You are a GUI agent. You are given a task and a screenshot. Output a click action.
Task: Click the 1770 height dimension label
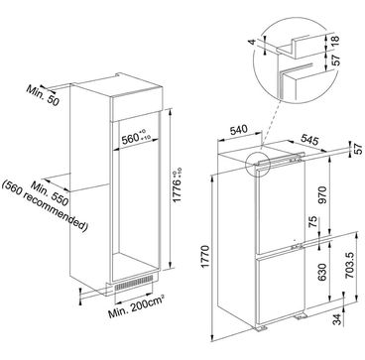tap(205, 257)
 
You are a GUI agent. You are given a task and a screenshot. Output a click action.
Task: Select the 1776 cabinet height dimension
tap(179, 185)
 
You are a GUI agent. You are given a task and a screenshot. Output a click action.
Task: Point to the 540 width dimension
tap(238, 130)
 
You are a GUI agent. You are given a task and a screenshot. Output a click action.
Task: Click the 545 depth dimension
tap(309, 140)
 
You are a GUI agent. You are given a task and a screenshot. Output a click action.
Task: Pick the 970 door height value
tap(322, 194)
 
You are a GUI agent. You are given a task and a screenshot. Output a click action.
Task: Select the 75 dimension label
tap(313, 222)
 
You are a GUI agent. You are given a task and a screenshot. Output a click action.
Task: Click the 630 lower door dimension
tap(322, 272)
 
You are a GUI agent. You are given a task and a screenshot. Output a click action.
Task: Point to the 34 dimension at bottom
tap(336, 318)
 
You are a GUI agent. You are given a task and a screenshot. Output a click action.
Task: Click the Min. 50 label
tap(43, 95)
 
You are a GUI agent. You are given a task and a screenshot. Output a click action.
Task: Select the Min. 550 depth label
tap(49, 193)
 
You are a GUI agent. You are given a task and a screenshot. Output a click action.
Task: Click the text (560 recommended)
tap(45, 206)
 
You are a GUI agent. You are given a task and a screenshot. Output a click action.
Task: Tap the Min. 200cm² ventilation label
tap(136, 307)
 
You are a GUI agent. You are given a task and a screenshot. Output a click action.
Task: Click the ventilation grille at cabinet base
tap(134, 284)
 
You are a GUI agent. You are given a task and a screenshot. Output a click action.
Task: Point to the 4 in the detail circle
tap(252, 43)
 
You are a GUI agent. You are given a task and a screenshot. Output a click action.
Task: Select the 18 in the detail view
tap(335, 41)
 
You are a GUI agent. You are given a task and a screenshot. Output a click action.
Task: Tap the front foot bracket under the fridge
tap(259, 328)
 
